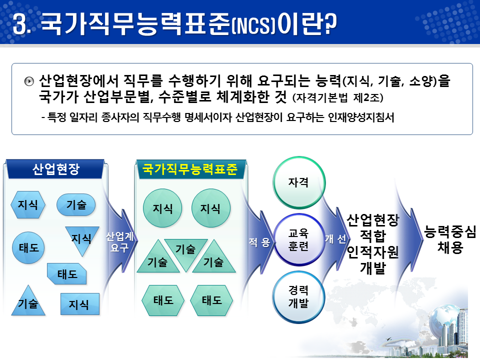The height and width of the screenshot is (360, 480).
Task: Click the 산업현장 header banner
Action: (x=55, y=169)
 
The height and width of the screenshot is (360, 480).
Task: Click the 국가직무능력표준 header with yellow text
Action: (x=190, y=169)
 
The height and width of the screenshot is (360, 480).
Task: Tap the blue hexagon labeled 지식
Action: (x=28, y=204)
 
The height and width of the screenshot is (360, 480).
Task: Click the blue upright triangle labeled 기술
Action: (x=28, y=301)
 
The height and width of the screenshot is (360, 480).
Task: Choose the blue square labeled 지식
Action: (x=79, y=303)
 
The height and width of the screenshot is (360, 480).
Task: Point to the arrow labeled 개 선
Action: (x=335, y=239)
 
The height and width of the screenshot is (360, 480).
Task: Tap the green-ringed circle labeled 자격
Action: (x=298, y=183)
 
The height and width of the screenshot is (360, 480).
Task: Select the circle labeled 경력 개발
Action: (x=298, y=296)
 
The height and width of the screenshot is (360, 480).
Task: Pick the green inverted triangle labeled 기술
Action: (x=185, y=253)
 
